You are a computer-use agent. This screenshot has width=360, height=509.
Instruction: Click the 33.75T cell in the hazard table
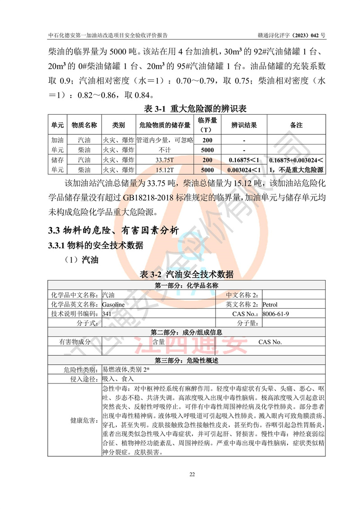click(x=164, y=160)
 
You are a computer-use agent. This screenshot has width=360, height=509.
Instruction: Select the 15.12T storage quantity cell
click(x=164, y=170)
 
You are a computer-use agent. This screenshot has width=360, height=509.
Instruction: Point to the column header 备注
click(x=296, y=125)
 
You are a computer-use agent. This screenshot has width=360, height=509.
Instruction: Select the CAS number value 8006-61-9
click(x=276, y=314)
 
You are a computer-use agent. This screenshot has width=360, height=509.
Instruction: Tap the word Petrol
click(x=270, y=304)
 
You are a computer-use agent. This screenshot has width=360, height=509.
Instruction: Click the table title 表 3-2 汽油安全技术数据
click(x=186, y=274)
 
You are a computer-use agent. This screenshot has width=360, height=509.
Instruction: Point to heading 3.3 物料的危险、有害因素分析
click(x=113, y=230)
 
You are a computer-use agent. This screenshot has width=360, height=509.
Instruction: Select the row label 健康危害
click(x=84, y=421)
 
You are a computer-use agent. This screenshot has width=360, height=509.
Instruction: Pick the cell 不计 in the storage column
click(x=164, y=149)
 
